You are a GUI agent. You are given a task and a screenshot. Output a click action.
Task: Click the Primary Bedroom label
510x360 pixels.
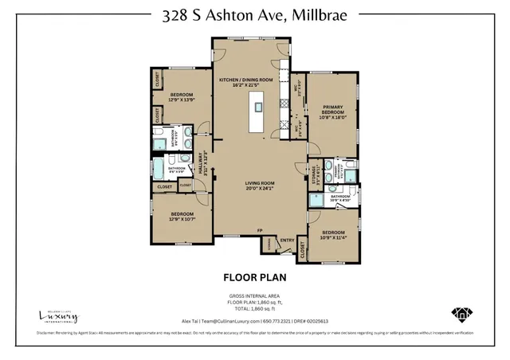[x=332, y=111]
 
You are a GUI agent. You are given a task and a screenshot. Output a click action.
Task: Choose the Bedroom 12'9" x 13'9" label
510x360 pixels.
[x=181, y=98]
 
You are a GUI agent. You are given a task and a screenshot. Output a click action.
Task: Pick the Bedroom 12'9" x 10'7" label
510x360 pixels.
[x=181, y=216]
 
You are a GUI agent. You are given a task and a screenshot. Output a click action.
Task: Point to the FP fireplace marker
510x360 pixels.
[x=259, y=231]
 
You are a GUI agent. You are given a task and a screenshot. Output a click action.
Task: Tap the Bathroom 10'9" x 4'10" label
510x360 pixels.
[x=341, y=198]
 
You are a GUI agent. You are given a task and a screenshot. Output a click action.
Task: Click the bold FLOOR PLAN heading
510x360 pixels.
[x=254, y=278]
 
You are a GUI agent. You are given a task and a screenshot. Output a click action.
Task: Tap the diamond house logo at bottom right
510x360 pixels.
[x=461, y=314]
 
